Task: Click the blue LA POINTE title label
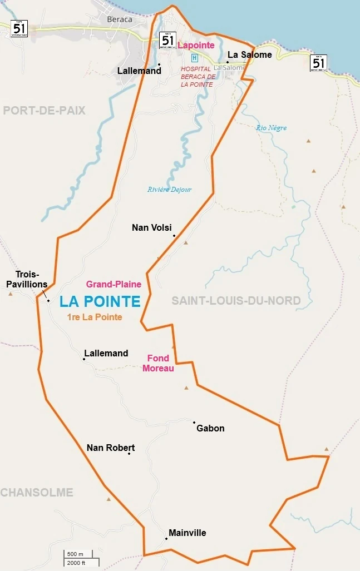[100, 301]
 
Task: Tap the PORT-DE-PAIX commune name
[45, 111]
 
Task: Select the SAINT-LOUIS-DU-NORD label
[236, 301]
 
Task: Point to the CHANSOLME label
[37, 492]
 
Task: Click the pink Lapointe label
[196, 45]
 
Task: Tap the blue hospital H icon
[194, 58]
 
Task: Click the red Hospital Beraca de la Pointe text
[197, 77]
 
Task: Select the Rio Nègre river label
[272, 128]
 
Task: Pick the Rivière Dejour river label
[169, 190]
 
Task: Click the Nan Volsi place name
[151, 227]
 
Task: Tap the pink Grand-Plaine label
[114, 284]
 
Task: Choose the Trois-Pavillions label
[27, 280]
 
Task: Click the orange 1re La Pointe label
[94, 317]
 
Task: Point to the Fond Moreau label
[158, 363]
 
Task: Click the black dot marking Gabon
[194, 423]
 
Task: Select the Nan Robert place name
[111, 448]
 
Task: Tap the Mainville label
[188, 533]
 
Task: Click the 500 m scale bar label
[75, 554]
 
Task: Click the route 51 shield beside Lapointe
[167, 40]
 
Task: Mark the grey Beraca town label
[120, 19]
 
